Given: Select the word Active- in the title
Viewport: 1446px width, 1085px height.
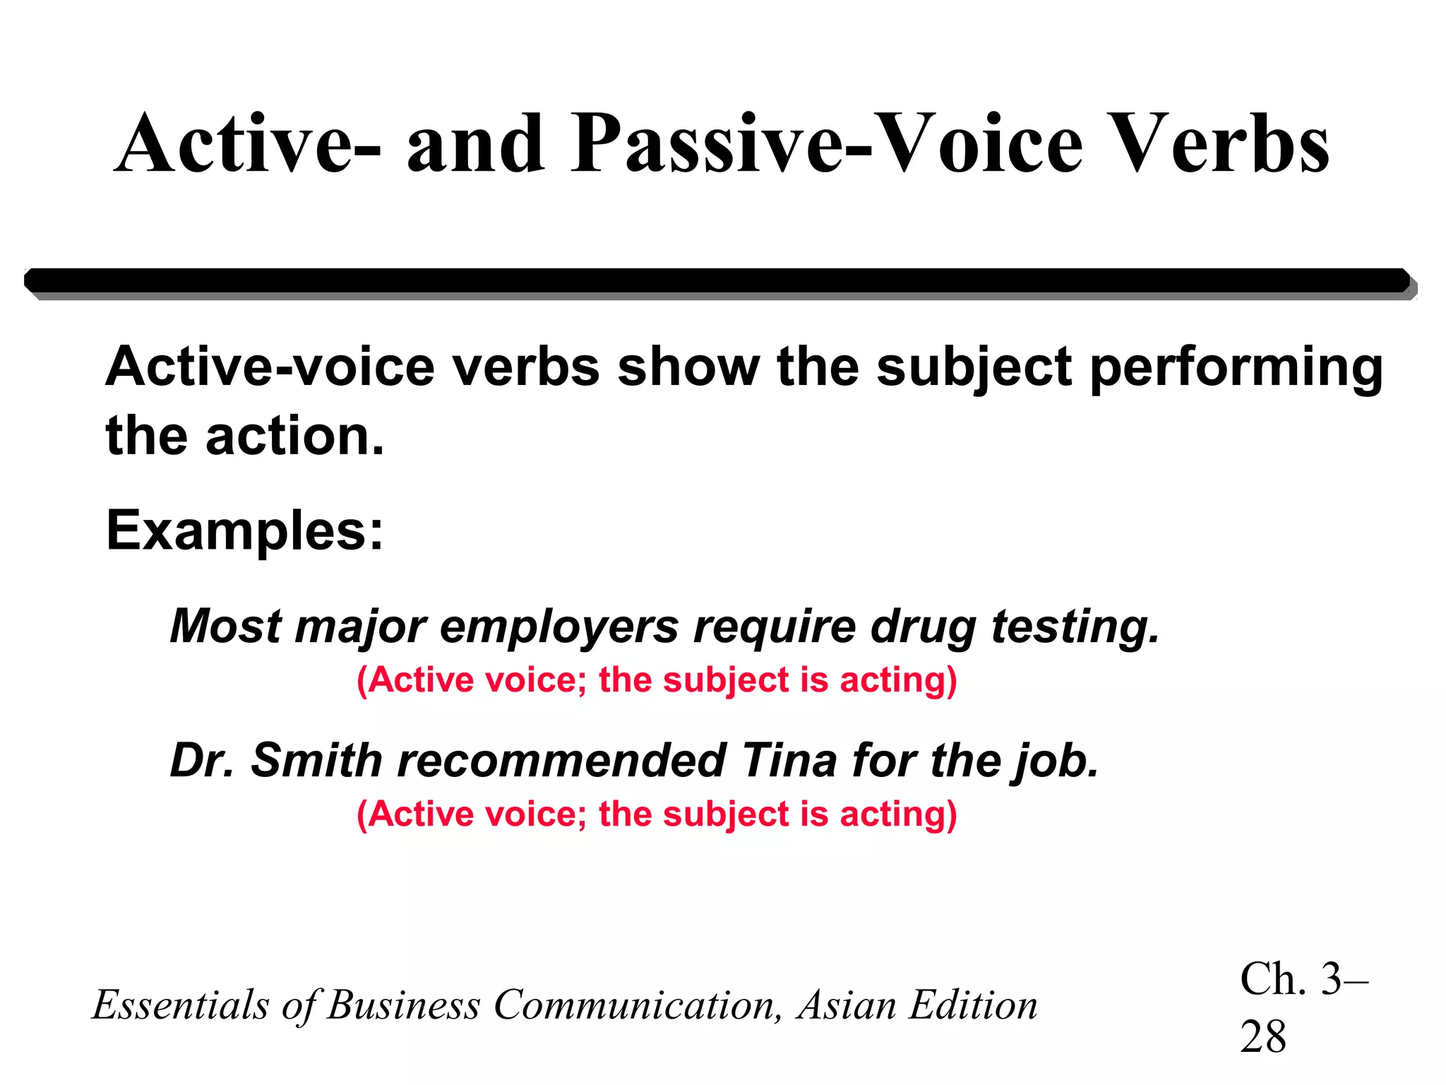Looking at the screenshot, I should (247, 145).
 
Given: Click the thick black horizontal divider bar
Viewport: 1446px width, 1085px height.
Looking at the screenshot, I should (717, 280).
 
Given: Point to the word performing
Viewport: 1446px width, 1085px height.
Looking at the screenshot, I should (1236, 369).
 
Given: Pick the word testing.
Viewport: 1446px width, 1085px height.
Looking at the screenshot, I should (1075, 627).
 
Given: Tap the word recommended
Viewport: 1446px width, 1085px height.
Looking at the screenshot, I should (562, 761).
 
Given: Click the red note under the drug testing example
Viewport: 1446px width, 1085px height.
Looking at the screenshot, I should (657, 680).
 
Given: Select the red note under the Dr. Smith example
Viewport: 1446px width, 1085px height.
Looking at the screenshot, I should (657, 814).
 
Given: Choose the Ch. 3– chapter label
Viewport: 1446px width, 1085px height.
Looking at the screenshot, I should (1303, 980).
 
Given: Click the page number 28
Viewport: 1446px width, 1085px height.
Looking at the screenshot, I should (1263, 1037).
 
